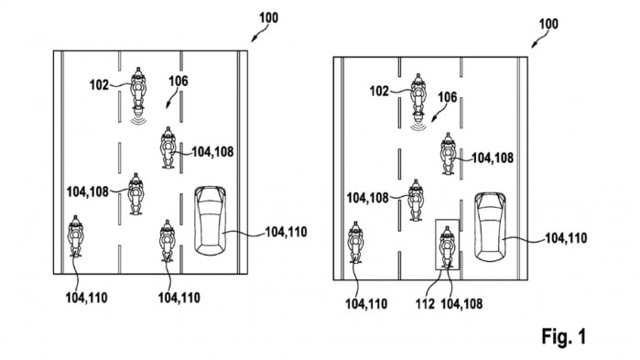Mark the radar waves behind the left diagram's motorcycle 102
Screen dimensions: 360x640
pyautogui.click(x=139, y=119)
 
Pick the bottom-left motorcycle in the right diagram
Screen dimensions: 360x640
pyautogui.click(x=355, y=244)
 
